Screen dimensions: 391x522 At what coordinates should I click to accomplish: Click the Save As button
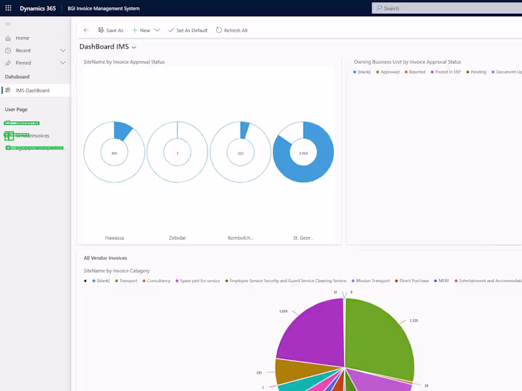pos(110,31)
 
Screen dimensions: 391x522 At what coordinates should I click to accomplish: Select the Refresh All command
pos(232,31)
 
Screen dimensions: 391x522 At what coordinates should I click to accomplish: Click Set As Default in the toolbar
pos(188,31)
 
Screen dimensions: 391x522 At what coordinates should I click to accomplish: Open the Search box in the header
pos(444,8)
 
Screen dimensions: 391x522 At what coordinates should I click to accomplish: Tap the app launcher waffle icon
pos(8,8)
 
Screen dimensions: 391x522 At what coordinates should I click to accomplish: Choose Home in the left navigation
pos(22,38)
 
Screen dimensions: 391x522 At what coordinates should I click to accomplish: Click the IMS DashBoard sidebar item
pos(32,91)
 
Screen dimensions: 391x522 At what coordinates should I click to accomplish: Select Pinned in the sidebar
pos(23,63)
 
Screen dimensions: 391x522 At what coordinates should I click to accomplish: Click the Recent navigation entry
pos(23,51)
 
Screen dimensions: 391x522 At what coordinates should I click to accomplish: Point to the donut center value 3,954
pos(303,153)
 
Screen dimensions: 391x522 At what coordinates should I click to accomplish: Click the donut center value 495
pos(114,153)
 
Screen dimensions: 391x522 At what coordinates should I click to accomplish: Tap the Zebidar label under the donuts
pos(177,238)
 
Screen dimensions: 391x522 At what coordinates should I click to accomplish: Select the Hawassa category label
pos(115,238)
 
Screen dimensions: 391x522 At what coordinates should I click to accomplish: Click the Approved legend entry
pos(390,72)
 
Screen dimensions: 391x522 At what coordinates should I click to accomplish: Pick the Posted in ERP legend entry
pos(447,72)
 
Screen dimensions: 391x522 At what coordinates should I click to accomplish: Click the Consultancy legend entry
pos(158,281)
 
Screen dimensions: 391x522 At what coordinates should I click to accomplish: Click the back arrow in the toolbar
pos(86,31)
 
